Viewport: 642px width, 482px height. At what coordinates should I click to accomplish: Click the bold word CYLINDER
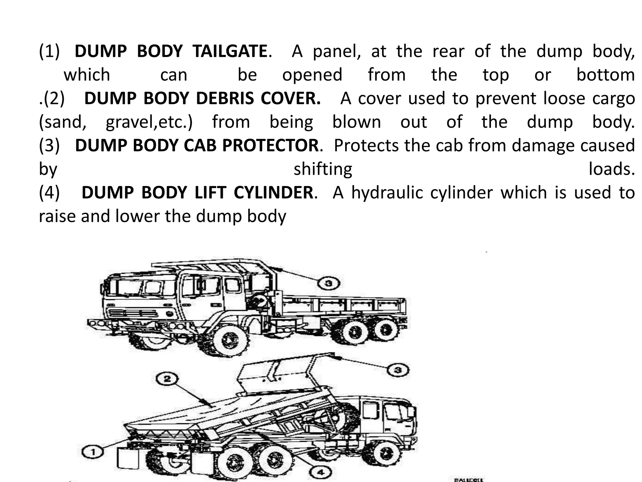click(273, 192)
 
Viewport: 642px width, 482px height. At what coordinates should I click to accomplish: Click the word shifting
click(323, 169)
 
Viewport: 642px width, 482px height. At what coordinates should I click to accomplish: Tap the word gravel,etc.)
click(149, 122)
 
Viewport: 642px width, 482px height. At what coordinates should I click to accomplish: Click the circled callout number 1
click(93, 453)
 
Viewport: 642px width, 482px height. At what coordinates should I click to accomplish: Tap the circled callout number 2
click(167, 379)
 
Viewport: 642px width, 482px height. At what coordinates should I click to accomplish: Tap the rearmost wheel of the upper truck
click(385, 330)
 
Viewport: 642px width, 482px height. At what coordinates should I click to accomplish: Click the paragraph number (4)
click(49, 192)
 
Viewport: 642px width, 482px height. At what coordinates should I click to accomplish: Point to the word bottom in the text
click(606, 75)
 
